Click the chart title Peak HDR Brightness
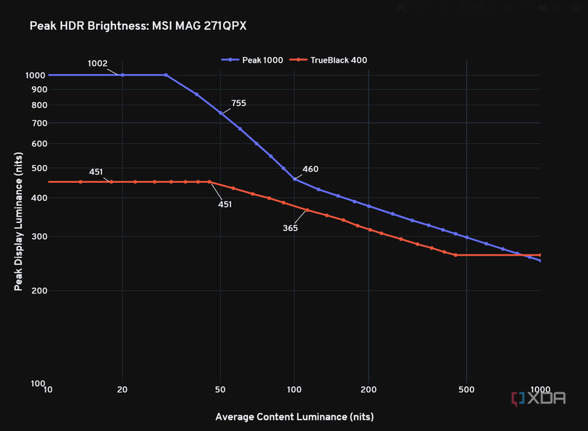tap(138, 26)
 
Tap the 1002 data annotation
tap(98, 63)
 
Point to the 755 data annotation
tap(239, 103)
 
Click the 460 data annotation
tap(311, 170)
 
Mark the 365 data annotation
tap(290, 228)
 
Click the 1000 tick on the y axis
tap(36, 75)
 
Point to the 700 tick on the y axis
tap(38, 123)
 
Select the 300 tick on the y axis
tap(38, 237)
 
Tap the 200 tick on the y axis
tap(38, 291)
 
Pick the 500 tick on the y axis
tap(38, 168)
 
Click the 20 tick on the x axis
tap(122, 390)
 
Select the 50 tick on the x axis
tap(220, 390)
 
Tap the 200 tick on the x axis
tap(368, 390)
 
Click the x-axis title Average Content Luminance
tap(294, 416)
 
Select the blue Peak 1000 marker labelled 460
tap(294, 179)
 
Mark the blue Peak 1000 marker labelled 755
tap(220, 113)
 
